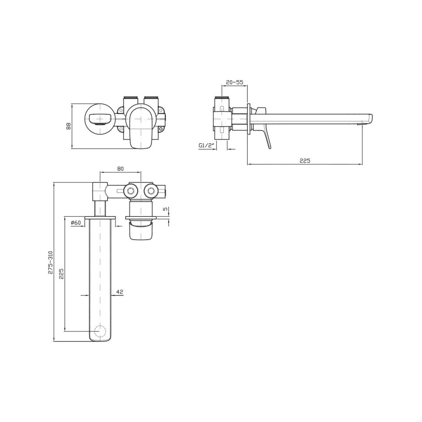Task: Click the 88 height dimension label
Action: tap(69, 126)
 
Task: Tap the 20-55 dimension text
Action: tap(235, 82)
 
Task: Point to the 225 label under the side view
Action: tap(305, 161)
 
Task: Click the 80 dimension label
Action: tap(120, 169)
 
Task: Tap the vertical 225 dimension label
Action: tap(61, 274)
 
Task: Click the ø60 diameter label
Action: tap(76, 222)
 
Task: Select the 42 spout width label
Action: tap(120, 292)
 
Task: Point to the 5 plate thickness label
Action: tap(166, 209)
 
